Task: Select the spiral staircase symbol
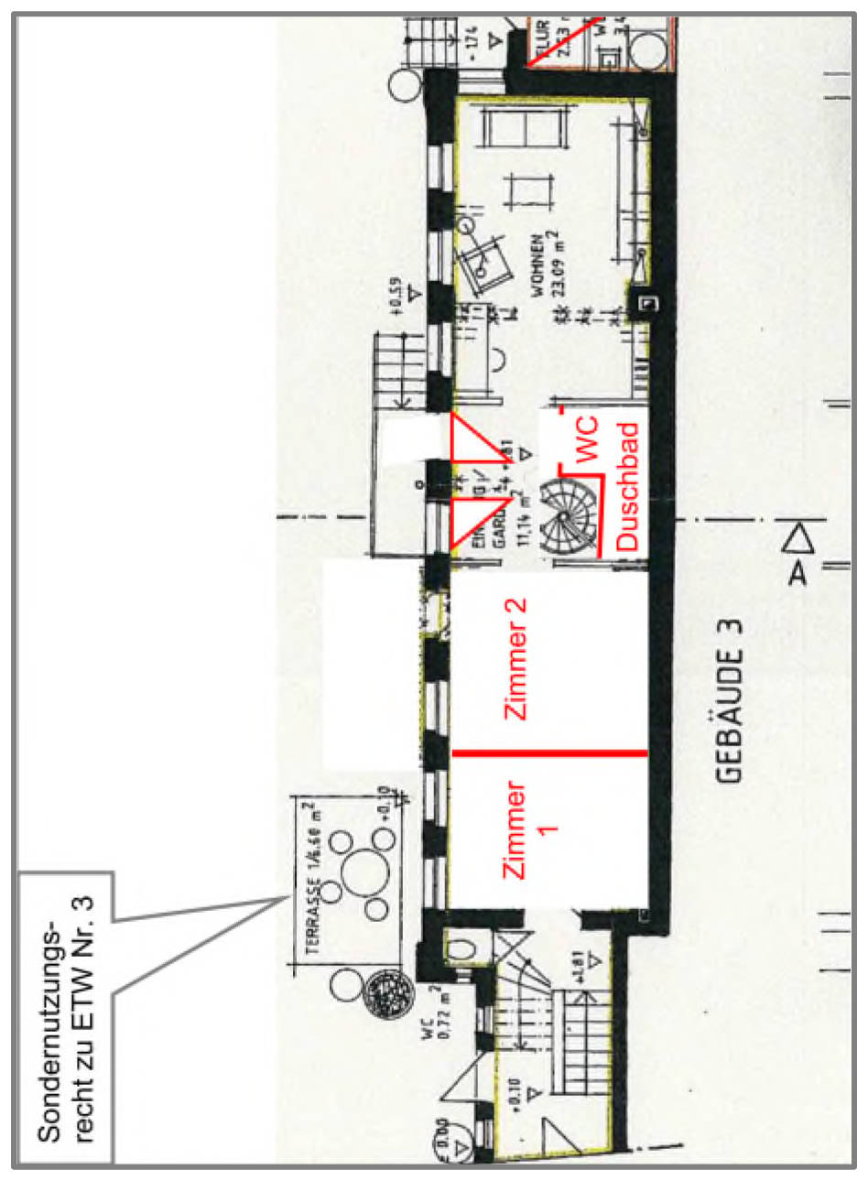[567, 516]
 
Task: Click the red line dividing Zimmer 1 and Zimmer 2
[549, 753]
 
